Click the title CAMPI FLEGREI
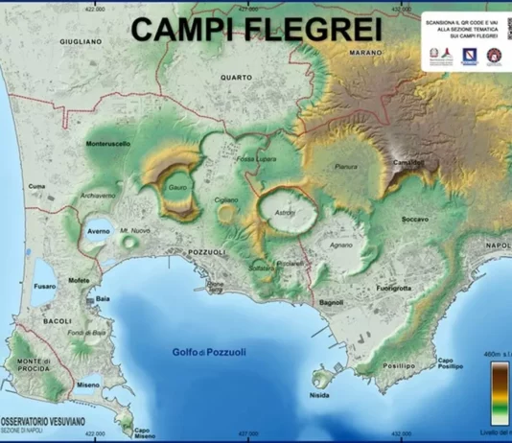(x=256, y=29)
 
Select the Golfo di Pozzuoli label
(x=210, y=352)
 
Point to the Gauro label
(x=177, y=188)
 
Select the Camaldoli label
(x=408, y=163)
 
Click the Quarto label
(x=237, y=77)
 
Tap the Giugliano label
(x=81, y=42)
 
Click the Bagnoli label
(x=331, y=302)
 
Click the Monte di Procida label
(x=34, y=364)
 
